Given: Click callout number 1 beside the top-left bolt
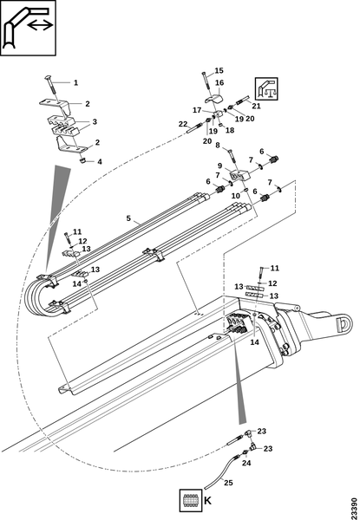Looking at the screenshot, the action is click(x=75, y=82).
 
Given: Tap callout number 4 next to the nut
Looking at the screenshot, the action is click(x=100, y=162).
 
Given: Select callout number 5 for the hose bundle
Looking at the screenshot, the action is click(x=128, y=218).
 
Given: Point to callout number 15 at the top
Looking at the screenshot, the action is click(x=219, y=70).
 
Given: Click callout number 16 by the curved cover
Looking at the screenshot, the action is click(x=219, y=82).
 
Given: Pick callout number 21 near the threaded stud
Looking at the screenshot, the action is click(x=256, y=106).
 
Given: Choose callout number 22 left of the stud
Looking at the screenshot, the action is click(x=183, y=124).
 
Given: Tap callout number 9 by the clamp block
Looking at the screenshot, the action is click(x=219, y=166).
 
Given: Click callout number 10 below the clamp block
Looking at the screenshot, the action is click(x=236, y=196).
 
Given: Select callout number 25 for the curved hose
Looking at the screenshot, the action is click(x=228, y=483).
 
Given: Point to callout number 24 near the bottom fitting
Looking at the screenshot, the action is click(x=246, y=464).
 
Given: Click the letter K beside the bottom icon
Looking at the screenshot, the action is click(x=207, y=501).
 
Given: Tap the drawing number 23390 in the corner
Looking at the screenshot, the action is click(x=355, y=507).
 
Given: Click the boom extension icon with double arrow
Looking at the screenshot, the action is click(x=28, y=28).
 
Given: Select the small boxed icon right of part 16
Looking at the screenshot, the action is click(x=266, y=89).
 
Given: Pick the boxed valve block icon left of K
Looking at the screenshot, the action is click(x=191, y=500).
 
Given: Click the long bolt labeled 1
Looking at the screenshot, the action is click(x=52, y=87).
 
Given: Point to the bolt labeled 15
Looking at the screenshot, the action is click(x=206, y=80).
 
